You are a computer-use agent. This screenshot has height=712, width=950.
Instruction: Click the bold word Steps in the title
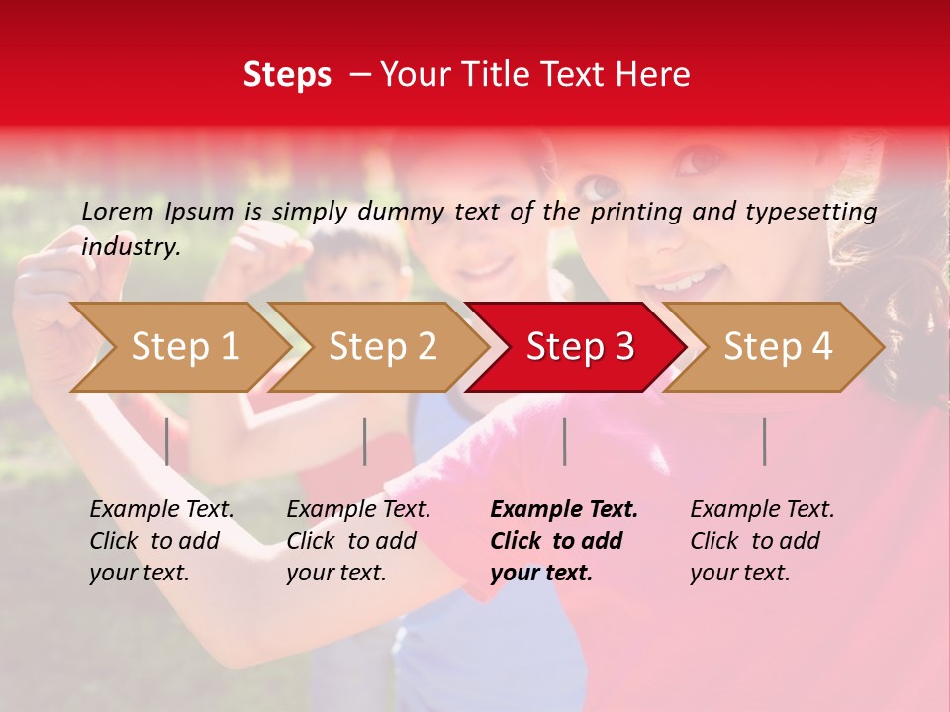287,75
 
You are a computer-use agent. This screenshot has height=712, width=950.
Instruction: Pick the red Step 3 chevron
580,346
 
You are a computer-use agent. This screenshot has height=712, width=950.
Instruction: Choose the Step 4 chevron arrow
778,346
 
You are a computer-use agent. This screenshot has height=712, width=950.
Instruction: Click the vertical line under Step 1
167,441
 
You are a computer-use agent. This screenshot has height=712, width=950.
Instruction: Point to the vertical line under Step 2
365,441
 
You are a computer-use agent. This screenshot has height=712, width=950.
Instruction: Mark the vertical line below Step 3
564,441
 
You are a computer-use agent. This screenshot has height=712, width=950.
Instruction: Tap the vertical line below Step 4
764,441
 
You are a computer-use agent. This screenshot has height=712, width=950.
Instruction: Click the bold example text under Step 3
564,541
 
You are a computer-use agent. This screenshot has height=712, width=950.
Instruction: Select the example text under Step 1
161,541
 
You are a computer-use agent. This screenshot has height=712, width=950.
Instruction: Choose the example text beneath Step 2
358,541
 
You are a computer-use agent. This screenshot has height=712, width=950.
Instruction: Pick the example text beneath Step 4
762,541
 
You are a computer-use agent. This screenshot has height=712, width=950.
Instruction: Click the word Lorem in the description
118,211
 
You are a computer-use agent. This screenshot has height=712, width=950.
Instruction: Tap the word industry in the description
130,247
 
